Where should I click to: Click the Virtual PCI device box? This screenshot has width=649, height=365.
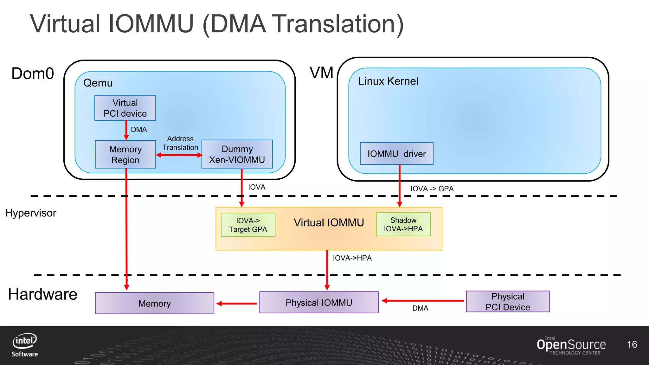click(125, 108)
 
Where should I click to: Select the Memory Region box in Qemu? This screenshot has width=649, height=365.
click(125, 154)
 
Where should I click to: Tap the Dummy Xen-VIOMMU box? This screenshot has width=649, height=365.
click(237, 154)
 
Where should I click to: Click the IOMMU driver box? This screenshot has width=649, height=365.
click(396, 154)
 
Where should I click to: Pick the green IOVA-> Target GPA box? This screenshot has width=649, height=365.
click(248, 225)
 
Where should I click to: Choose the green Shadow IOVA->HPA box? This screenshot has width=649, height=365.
click(403, 224)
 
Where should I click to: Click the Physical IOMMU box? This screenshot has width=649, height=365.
click(319, 303)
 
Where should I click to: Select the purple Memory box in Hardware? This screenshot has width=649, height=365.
click(155, 303)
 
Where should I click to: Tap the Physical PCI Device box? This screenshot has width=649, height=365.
click(508, 302)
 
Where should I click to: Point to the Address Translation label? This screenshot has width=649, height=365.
click(180, 143)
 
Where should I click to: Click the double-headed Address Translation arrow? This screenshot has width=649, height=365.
click(179, 155)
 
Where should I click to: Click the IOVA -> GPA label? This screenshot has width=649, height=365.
click(432, 189)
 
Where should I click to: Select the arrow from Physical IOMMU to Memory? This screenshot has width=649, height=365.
click(237, 304)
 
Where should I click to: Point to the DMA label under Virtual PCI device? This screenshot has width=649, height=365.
click(139, 130)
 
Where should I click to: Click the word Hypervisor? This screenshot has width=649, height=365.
click(31, 213)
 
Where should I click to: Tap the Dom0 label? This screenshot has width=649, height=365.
click(33, 74)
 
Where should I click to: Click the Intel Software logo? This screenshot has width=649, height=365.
click(25, 345)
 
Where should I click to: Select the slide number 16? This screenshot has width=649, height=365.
click(632, 344)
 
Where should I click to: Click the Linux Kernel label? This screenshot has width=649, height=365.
click(388, 81)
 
